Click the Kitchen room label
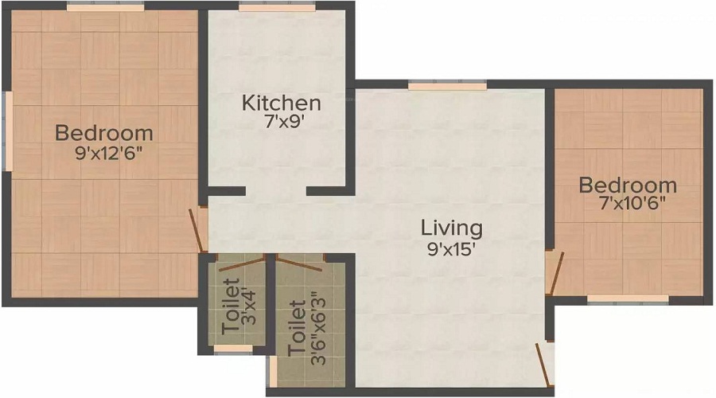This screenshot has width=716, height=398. click(282, 103)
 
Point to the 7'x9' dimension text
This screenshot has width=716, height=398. click(285, 122)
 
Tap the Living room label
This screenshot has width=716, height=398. click(452, 228)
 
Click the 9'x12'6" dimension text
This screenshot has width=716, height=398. click(109, 153)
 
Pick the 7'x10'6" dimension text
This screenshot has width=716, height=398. click(632, 203)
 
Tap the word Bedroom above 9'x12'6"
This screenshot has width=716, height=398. click(104, 133)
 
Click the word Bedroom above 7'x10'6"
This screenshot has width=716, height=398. click(628, 185)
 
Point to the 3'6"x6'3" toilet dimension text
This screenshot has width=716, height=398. click(318, 330)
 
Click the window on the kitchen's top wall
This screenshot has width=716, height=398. click(277, 7)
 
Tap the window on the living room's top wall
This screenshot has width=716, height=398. click(447, 86)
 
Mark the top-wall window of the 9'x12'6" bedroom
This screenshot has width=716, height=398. click(106, 6)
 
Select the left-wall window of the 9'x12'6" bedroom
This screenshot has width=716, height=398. click(7, 131)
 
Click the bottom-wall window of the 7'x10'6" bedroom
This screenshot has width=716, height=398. click(628, 299)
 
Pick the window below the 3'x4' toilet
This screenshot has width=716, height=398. click(233, 349)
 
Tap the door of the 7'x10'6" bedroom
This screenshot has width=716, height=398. click(555, 272)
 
